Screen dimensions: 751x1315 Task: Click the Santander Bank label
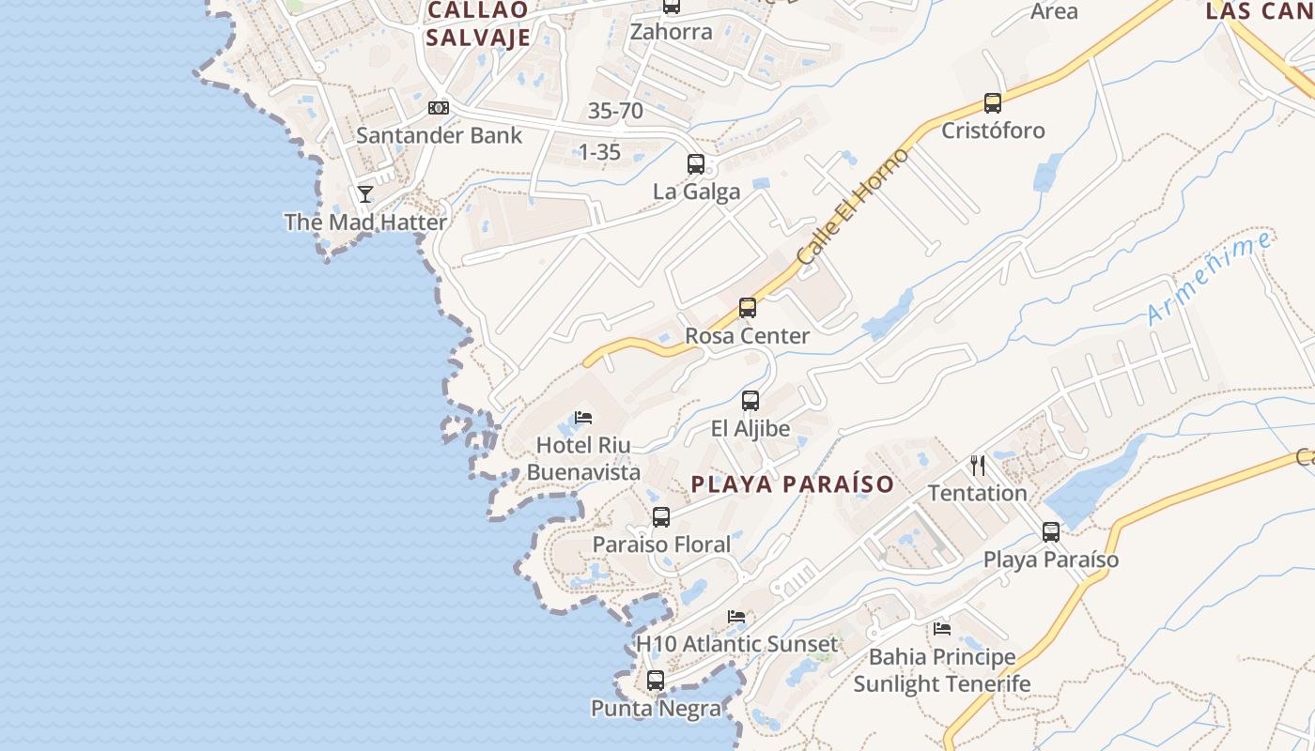tap(439, 135)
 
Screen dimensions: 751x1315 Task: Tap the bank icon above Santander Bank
tap(439, 108)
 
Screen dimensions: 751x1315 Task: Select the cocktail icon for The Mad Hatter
tap(365, 194)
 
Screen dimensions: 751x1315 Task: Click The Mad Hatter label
tap(365, 222)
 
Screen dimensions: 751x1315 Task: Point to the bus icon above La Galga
tap(696, 164)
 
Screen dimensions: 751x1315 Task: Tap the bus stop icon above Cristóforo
tap(993, 103)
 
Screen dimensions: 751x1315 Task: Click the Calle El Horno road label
tap(852, 207)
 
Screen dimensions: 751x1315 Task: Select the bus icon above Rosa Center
tap(748, 308)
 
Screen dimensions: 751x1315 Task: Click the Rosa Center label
tap(748, 336)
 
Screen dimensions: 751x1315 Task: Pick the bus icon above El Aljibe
tap(750, 401)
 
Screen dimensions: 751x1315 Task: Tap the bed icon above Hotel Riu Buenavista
tap(583, 417)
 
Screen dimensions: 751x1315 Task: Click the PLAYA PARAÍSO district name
tap(793, 484)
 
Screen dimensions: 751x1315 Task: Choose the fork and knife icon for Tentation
tap(978, 465)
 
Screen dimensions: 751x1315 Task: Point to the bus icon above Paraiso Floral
tap(661, 517)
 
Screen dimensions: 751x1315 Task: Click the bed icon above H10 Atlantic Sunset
tap(736, 617)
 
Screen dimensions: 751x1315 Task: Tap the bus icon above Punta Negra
tap(656, 681)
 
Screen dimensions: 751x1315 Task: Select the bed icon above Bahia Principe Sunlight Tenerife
tap(942, 628)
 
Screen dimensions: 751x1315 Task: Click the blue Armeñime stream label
tap(1210, 278)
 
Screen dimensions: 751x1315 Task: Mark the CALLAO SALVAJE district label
tap(479, 23)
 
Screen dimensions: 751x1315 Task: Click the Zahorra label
tap(671, 32)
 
